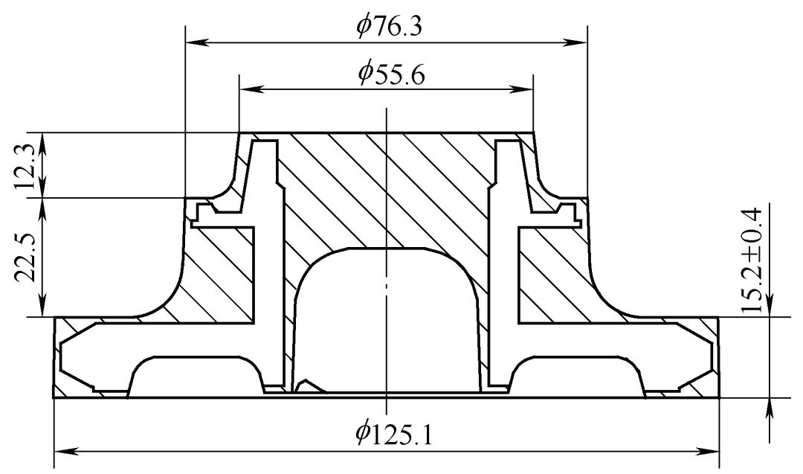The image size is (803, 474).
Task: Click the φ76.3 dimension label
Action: [390, 25]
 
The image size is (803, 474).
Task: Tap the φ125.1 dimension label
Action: [394, 434]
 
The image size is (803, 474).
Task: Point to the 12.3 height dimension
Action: [25, 166]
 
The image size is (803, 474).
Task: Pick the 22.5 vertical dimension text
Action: [25, 257]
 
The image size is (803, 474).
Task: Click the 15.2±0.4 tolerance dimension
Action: [752, 260]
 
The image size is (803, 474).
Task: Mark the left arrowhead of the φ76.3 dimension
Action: [195, 42]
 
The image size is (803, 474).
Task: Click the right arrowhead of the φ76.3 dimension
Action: [577, 42]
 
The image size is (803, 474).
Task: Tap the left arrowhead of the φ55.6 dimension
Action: [249, 90]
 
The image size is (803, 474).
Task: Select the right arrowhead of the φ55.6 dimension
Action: [523, 90]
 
